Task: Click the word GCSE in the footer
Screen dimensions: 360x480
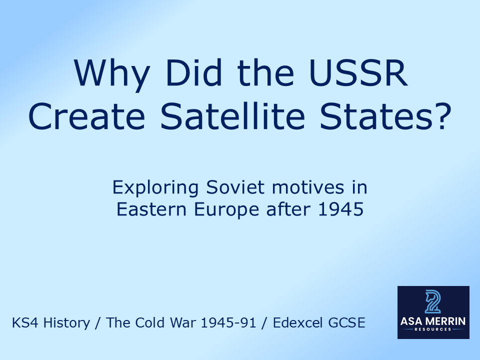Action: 348,323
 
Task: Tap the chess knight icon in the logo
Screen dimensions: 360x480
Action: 433,301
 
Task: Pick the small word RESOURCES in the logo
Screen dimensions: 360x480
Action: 433,329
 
